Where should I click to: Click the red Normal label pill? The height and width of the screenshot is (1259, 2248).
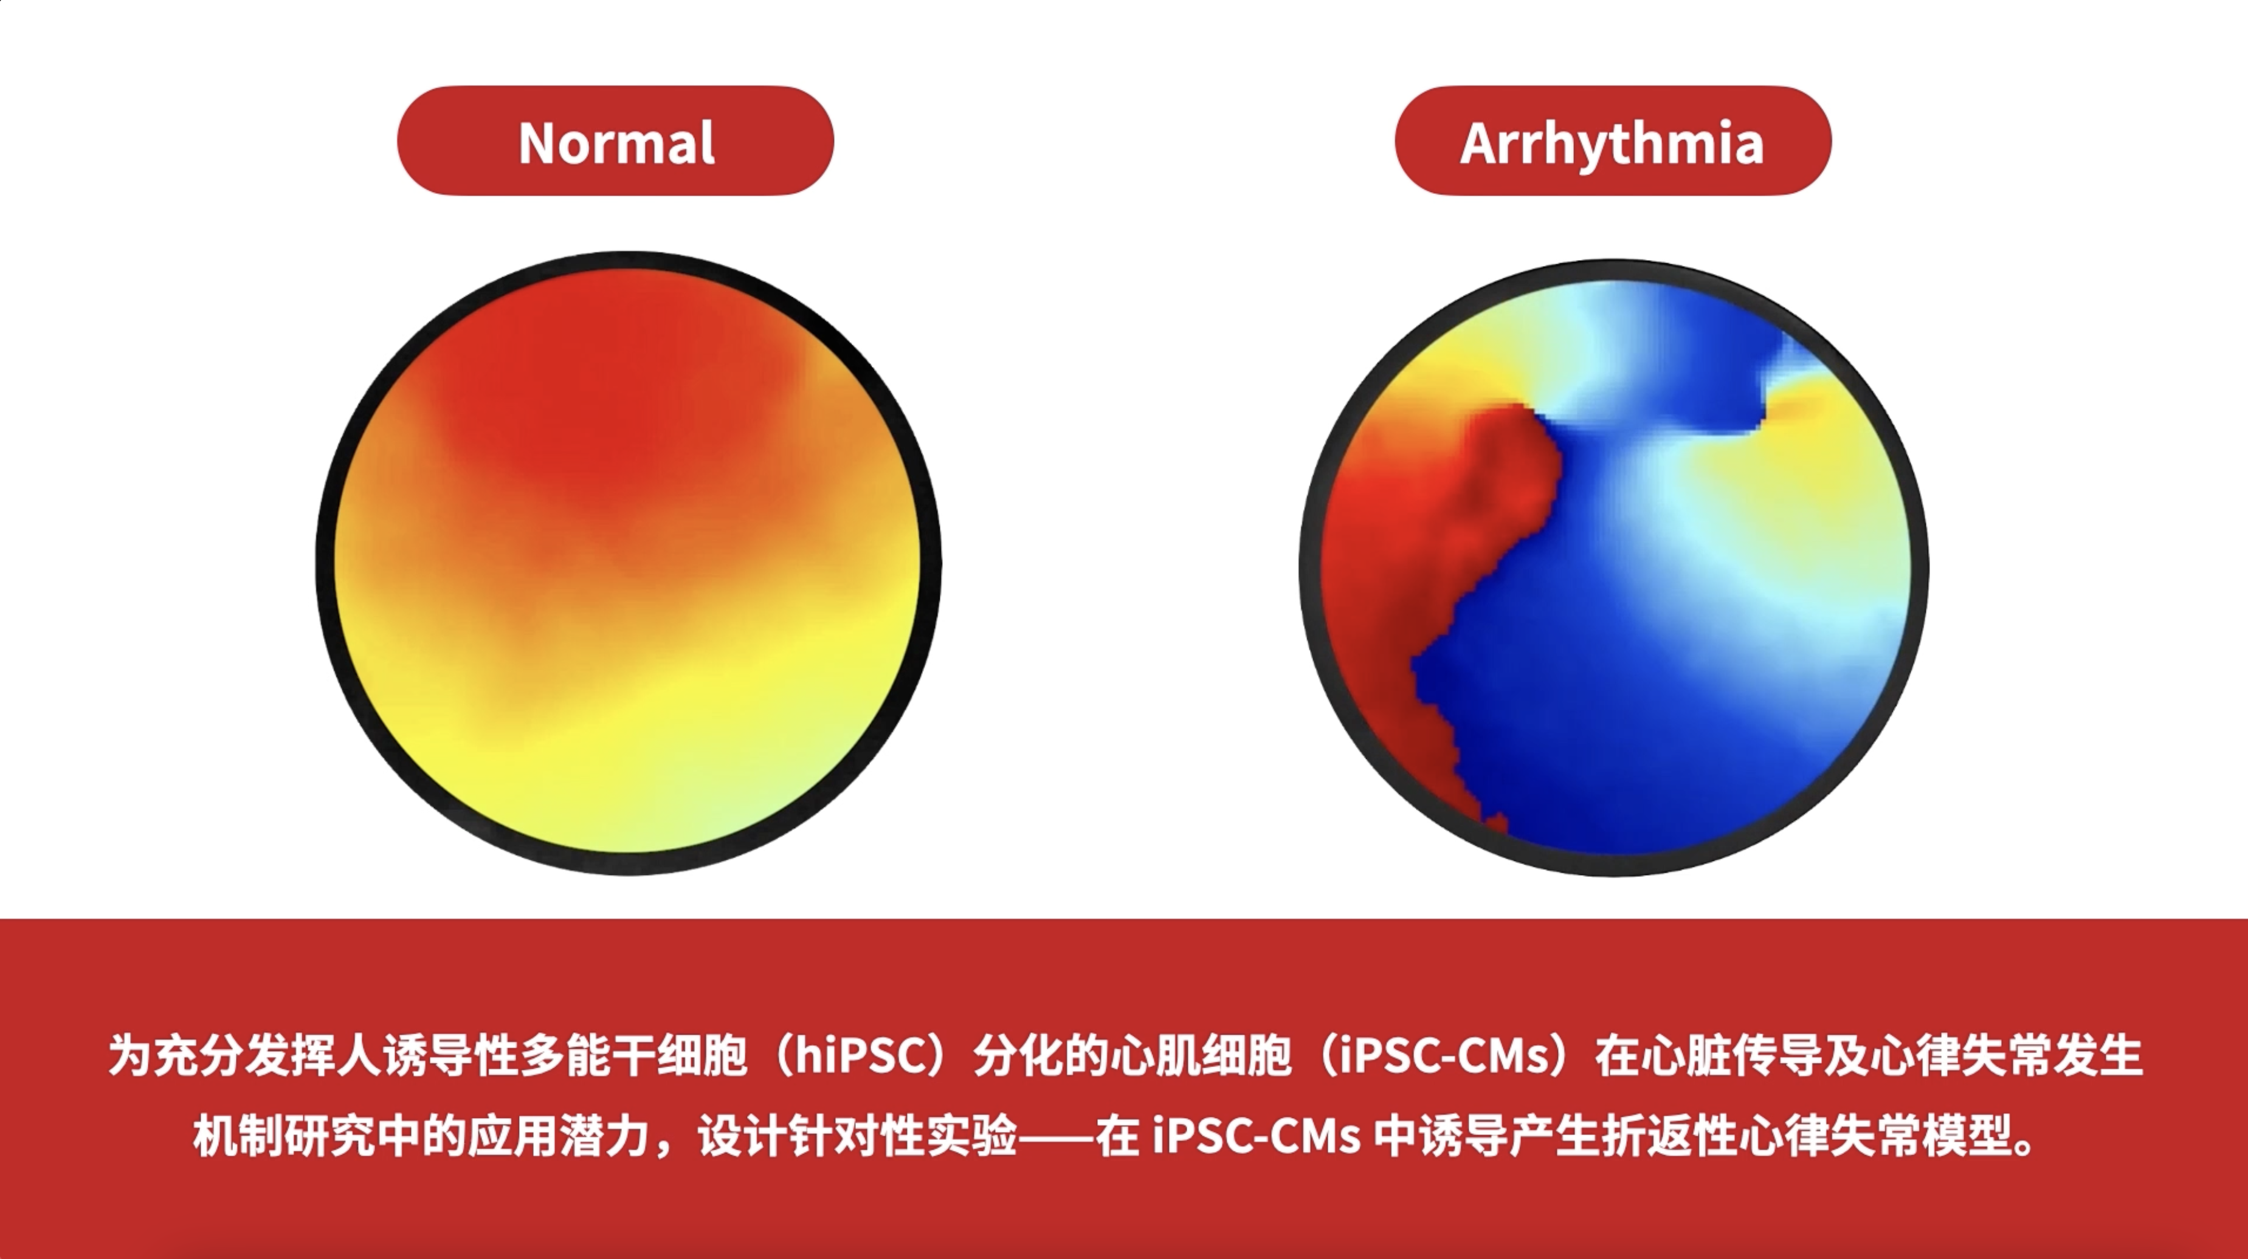[615, 140]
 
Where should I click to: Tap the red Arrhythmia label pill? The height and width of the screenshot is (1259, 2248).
[1613, 140]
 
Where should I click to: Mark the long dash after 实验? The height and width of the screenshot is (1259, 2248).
[1057, 1137]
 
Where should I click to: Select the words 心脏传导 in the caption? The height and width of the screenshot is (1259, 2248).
[1731, 1055]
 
